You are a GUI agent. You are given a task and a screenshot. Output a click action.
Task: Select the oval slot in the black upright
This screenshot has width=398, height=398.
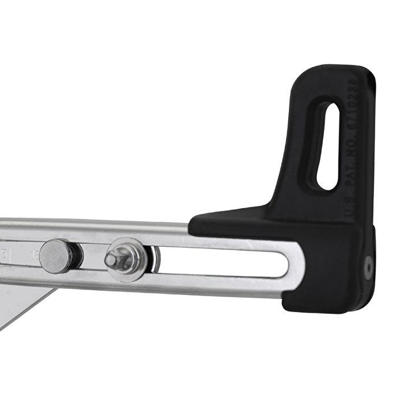pyautogui.click(x=328, y=146)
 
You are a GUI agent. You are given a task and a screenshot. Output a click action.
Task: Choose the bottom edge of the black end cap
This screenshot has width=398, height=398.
pyautogui.click(x=324, y=310)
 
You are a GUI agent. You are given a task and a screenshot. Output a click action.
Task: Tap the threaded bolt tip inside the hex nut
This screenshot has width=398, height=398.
pyautogui.click(x=111, y=260)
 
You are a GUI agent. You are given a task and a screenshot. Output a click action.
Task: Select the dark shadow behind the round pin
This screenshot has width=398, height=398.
pyautogui.click(x=77, y=257)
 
